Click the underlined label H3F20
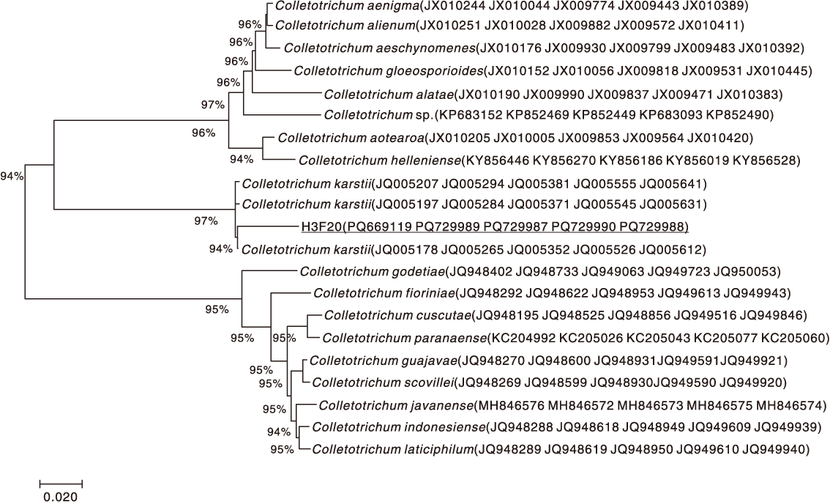point(321,227)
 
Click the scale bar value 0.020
point(60,497)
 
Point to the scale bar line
point(61,483)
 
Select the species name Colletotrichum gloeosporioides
point(389,71)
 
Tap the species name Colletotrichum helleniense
point(380,160)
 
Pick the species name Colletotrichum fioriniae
point(384,293)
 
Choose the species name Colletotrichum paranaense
point(405,338)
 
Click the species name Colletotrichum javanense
point(396,406)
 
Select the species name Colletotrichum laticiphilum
point(393,450)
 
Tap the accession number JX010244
point(452,7)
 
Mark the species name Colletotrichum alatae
point(389,95)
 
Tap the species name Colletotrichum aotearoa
point(351,139)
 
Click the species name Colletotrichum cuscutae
point(397,316)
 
